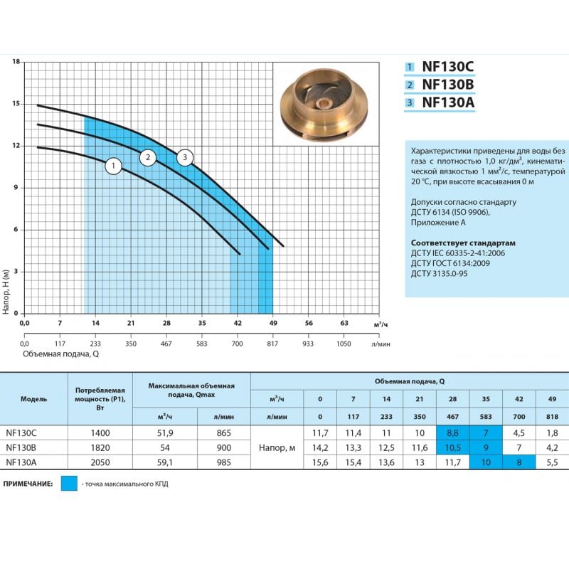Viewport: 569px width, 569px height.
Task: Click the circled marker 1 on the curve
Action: point(113,166)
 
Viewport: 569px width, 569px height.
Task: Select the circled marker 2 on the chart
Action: point(147,157)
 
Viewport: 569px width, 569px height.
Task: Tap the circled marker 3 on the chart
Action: point(185,157)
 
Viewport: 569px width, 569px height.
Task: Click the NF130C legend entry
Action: point(447,67)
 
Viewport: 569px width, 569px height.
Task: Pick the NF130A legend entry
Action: point(447,102)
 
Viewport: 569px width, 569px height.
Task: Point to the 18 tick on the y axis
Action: point(16,62)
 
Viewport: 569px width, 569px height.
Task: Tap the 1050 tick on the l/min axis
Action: point(344,343)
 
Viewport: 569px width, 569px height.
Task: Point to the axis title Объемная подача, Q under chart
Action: point(60,353)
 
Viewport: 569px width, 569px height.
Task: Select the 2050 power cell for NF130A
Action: point(100,462)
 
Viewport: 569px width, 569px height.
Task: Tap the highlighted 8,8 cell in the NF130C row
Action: point(452,432)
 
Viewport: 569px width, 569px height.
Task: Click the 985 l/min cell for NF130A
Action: point(225,462)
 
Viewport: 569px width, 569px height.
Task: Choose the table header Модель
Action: point(33,398)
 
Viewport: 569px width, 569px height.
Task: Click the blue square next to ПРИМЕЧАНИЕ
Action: point(69,484)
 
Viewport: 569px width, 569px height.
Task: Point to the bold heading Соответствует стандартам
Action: point(464,243)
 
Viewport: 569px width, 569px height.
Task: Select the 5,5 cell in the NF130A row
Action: point(552,462)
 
